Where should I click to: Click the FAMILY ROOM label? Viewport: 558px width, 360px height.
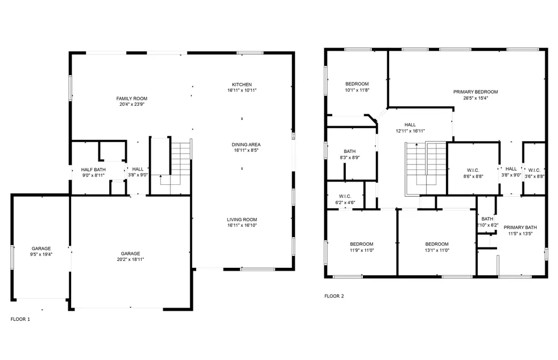click(132, 98)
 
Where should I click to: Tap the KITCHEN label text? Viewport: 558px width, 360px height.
click(242, 85)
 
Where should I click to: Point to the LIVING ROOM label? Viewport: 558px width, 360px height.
click(242, 220)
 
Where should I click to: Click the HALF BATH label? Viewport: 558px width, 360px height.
click(93, 169)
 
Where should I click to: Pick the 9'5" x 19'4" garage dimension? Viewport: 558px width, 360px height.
click(41, 254)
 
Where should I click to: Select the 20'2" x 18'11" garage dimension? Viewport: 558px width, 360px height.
click(130, 259)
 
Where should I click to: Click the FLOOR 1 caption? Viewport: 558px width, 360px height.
click(20, 319)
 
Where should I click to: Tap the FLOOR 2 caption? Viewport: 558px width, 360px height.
click(334, 296)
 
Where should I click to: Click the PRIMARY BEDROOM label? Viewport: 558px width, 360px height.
click(476, 92)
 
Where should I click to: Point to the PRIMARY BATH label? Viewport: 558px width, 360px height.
click(520, 227)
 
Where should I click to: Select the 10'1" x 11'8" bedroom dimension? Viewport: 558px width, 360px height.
click(357, 90)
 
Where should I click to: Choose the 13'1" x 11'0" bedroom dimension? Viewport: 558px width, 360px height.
click(437, 250)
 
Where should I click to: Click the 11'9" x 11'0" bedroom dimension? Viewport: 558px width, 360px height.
click(361, 250)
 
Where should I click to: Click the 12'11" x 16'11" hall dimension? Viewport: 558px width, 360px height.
click(410, 131)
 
